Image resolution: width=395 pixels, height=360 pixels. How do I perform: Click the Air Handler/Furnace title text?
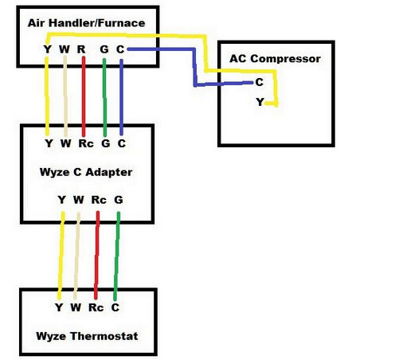tap(87, 23)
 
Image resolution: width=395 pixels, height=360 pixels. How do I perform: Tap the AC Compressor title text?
tap(275, 59)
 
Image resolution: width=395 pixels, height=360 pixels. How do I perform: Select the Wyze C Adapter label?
tap(85, 172)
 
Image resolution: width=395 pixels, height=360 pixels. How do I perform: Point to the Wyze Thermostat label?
tap(88, 336)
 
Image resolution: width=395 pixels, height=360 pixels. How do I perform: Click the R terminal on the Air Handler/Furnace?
tap(82, 49)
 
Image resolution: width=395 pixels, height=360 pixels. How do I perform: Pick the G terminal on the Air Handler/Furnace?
tap(104, 49)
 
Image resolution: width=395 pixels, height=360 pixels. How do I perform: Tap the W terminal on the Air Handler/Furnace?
tap(65, 49)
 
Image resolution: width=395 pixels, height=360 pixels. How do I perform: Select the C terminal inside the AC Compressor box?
tap(260, 82)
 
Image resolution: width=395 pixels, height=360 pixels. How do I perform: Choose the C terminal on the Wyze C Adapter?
tap(121, 144)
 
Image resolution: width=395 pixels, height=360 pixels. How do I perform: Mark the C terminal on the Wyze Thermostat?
tap(115, 307)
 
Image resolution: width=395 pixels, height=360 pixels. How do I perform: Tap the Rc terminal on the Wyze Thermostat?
tap(96, 307)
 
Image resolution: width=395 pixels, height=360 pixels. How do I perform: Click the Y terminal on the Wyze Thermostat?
tap(58, 307)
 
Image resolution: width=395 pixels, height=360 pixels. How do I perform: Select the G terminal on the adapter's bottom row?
tap(118, 199)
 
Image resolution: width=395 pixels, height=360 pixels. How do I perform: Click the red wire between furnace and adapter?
tap(83, 96)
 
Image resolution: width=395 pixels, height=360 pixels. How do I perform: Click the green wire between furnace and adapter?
tap(104, 96)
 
